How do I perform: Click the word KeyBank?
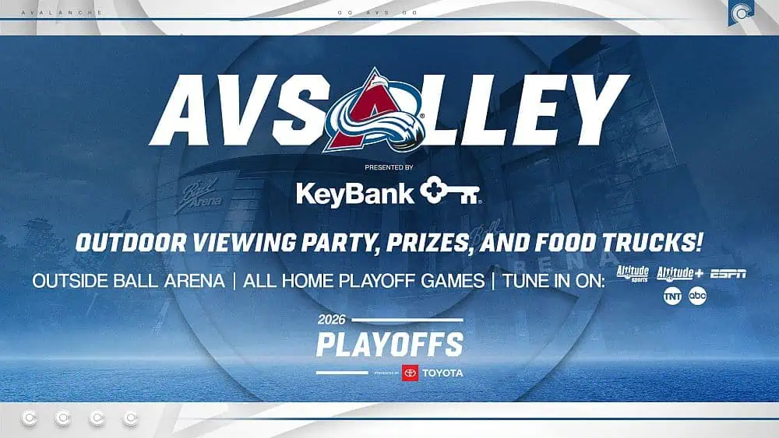point(354,193)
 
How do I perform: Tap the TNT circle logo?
point(671,296)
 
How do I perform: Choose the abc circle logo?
point(697,296)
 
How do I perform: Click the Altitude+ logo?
point(679,273)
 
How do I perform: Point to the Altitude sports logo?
point(633,273)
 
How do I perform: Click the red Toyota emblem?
point(411,373)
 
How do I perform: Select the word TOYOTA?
point(442,373)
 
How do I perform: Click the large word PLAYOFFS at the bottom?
point(389,345)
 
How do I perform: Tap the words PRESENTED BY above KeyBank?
point(389,167)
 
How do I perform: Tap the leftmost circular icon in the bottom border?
point(29,419)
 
